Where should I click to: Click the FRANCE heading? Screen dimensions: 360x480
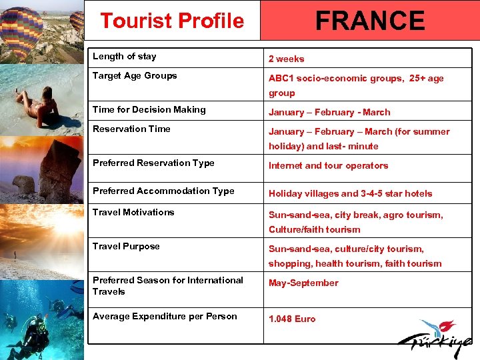pyautogui.click(x=370, y=21)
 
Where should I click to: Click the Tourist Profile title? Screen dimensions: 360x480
pyautogui.click(x=172, y=21)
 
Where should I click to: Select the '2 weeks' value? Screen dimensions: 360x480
pyautogui.click(x=286, y=59)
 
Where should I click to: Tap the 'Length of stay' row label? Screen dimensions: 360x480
pyautogui.click(x=124, y=57)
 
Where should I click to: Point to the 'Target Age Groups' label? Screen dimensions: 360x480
pyautogui.click(x=135, y=76)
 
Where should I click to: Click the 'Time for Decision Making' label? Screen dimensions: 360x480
pyautogui.click(x=149, y=109)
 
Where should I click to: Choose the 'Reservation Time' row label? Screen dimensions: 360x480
pyautogui.click(x=131, y=129)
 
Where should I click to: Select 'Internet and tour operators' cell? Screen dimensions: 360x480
pyautogui.click(x=328, y=165)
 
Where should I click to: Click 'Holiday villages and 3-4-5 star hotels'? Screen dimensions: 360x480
pyautogui.click(x=350, y=193)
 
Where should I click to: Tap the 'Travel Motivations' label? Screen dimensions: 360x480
pyautogui.click(x=133, y=212)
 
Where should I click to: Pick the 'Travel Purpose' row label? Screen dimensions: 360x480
pyautogui.click(x=126, y=246)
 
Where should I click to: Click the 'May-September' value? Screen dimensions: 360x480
pyautogui.click(x=303, y=283)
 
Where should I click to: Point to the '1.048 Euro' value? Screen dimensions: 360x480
pyautogui.click(x=292, y=319)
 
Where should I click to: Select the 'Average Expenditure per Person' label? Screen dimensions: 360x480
pyautogui.click(x=165, y=316)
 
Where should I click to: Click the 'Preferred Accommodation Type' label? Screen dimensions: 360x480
pyautogui.click(x=163, y=191)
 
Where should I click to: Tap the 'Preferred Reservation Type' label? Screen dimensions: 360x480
pyautogui.click(x=153, y=163)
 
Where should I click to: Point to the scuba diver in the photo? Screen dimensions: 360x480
pyautogui.click(x=30, y=333)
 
